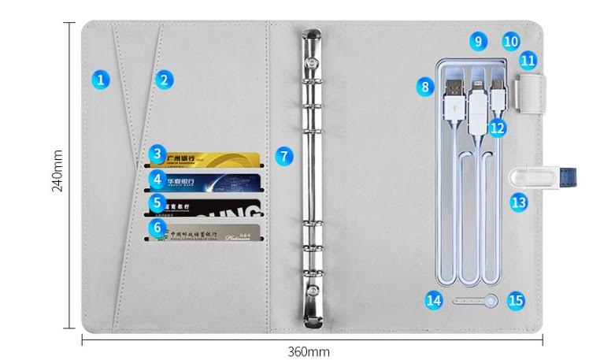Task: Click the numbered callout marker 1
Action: tap(100, 79)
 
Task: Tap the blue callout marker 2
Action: tap(163, 79)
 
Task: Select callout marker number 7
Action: tap(283, 155)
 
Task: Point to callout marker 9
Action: tap(477, 40)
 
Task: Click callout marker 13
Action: tap(517, 202)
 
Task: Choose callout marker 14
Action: tap(434, 299)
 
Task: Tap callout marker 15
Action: tap(516, 299)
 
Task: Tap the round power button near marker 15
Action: tap(493, 300)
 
